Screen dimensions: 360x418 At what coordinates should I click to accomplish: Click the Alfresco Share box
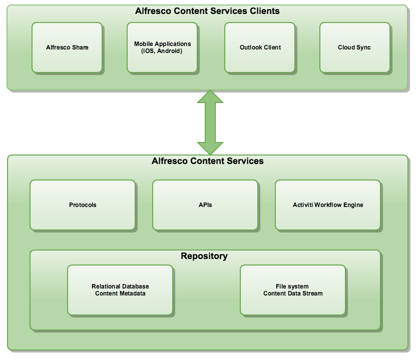[x=67, y=47]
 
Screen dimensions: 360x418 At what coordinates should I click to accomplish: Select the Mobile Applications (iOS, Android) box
[x=162, y=47]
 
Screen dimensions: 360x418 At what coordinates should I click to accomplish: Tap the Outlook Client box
[x=260, y=47]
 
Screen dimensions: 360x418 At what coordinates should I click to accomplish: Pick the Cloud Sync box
[x=354, y=47]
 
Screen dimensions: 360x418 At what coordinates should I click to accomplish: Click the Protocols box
[x=83, y=205]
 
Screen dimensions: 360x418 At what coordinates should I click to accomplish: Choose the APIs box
[x=205, y=205]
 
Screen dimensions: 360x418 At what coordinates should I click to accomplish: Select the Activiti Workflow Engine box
[x=328, y=205]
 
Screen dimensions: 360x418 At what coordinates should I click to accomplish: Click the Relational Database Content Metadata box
[x=120, y=290]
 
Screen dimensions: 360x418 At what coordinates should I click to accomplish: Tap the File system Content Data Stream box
[x=293, y=290]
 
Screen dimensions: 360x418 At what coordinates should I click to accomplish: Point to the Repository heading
[x=204, y=256]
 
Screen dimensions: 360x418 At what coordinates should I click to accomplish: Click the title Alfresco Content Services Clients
[x=207, y=10]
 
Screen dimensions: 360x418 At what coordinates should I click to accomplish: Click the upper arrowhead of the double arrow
[x=210, y=97]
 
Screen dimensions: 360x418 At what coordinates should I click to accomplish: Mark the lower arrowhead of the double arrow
[x=210, y=148]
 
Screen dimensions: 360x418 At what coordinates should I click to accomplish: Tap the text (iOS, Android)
[x=162, y=51]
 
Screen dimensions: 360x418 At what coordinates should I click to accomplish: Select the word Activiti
[x=304, y=205]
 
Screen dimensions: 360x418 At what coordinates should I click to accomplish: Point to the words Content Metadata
[x=120, y=293]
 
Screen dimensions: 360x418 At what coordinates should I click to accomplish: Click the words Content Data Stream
[x=293, y=293]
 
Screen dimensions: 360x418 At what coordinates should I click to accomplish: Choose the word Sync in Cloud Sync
[x=363, y=47]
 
